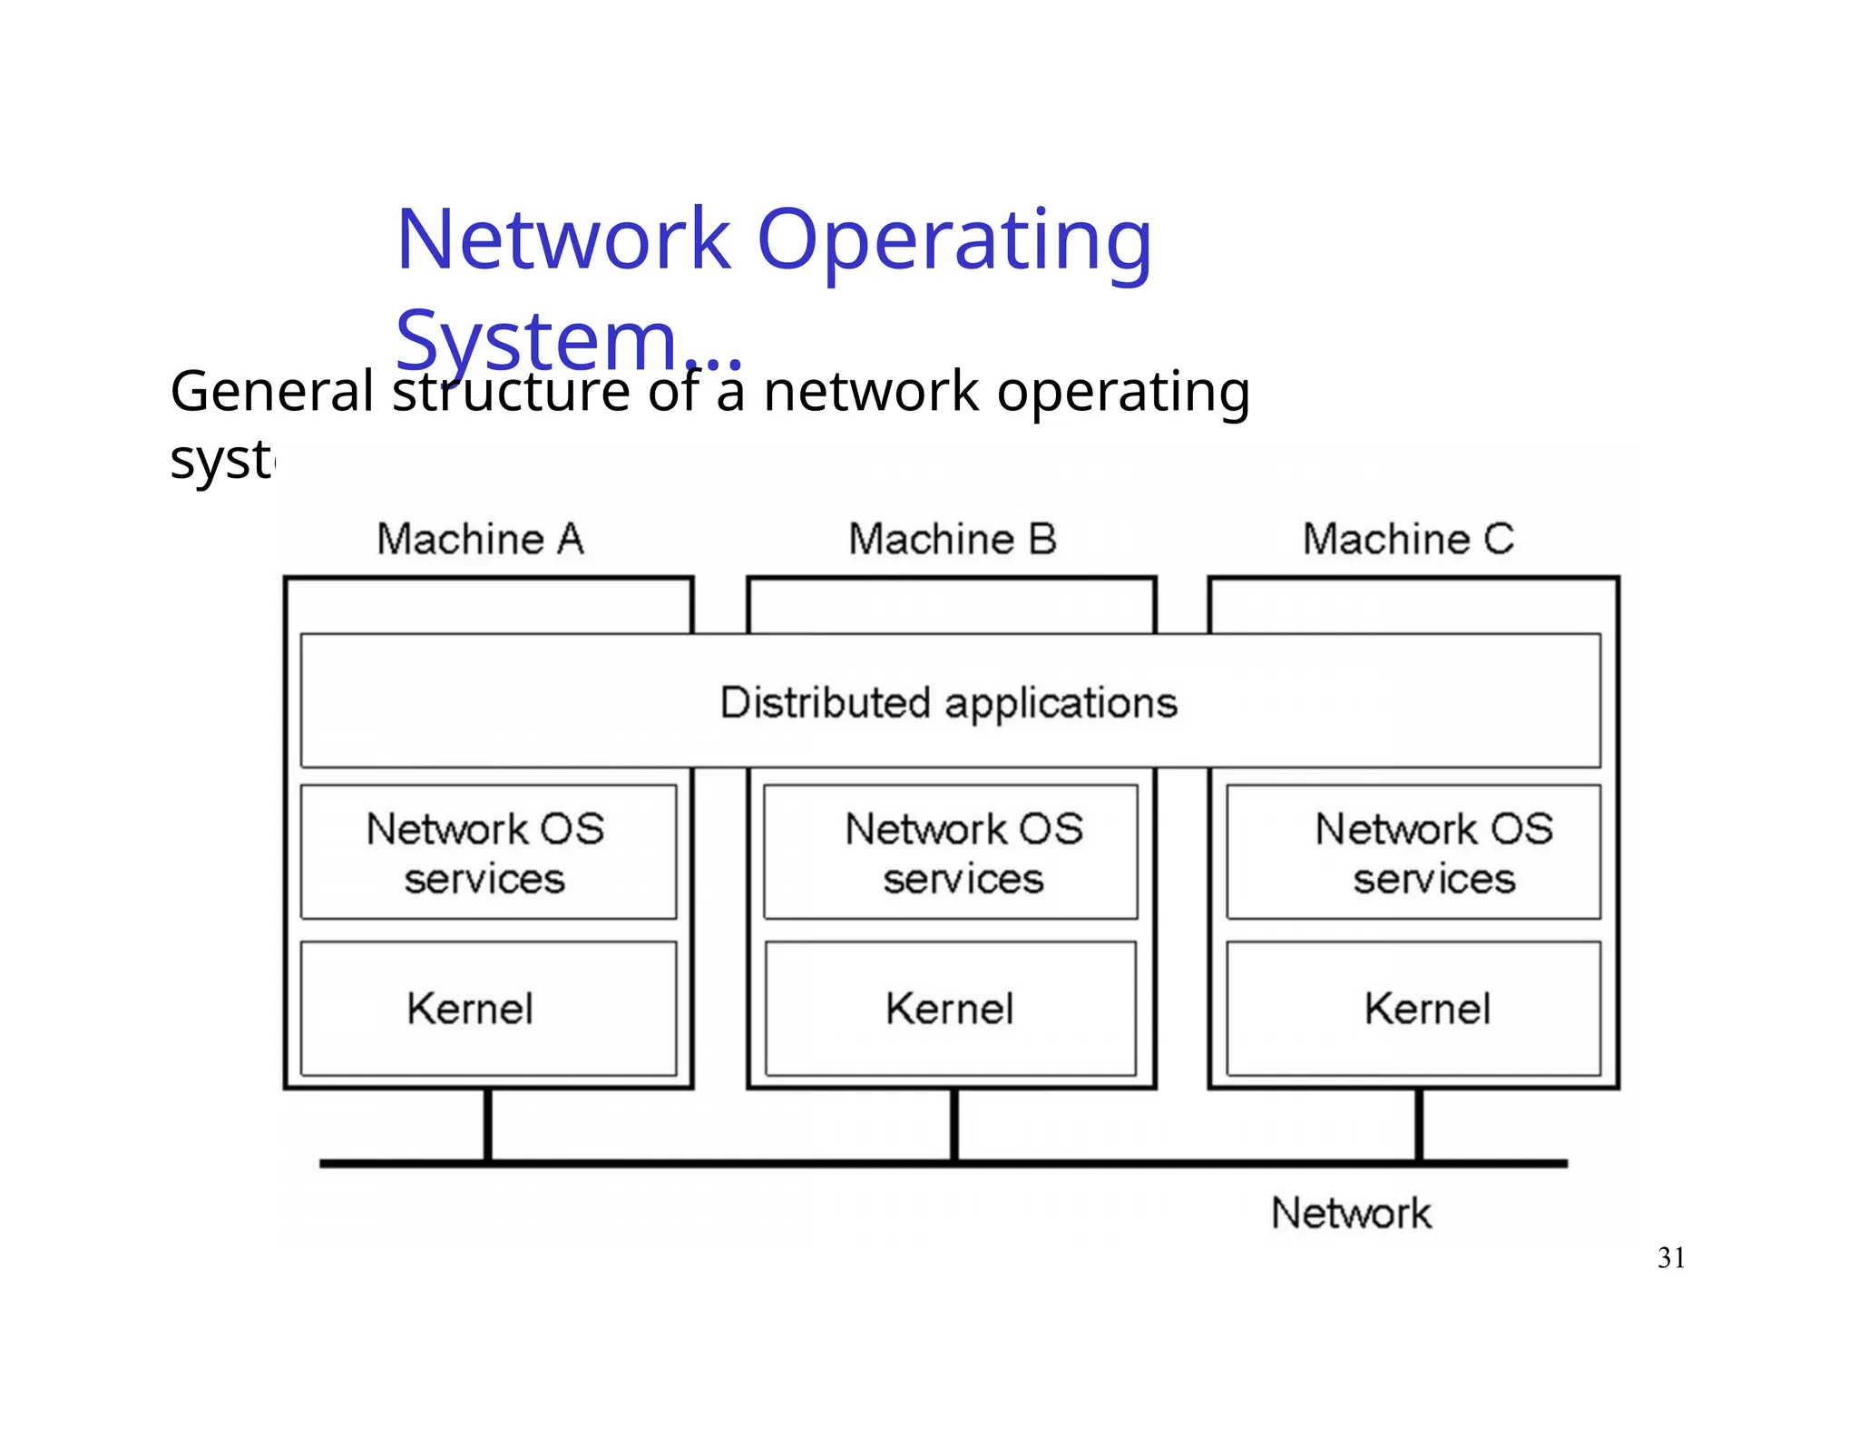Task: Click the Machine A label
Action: click(480, 540)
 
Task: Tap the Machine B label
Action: click(952, 540)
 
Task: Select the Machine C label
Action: click(1408, 540)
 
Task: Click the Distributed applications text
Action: click(949, 703)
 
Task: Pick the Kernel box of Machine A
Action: click(488, 1009)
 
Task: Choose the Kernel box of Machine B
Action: click(950, 1009)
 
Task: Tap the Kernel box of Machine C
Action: click(1413, 1009)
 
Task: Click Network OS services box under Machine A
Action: click(488, 853)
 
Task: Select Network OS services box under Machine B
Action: click(950, 853)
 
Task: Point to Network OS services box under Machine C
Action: click(1413, 853)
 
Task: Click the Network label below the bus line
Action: click(1351, 1214)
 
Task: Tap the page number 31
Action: click(1671, 1258)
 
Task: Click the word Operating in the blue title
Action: click(953, 240)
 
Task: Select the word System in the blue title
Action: click(537, 342)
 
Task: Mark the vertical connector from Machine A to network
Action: click(488, 1125)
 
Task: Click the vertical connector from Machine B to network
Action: click(953, 1125)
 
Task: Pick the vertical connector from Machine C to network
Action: click(1419, 1125)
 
